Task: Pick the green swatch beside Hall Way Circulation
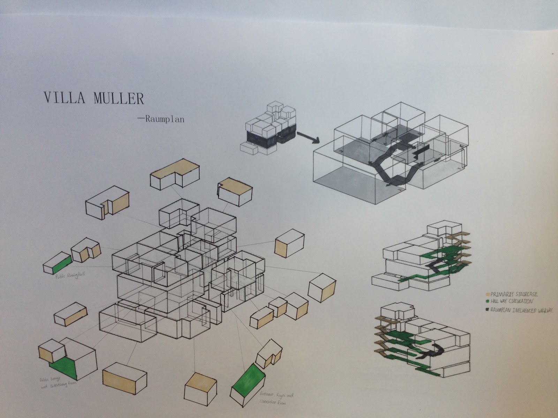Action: coord(488,301)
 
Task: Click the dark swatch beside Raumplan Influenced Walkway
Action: coord(488,309)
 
